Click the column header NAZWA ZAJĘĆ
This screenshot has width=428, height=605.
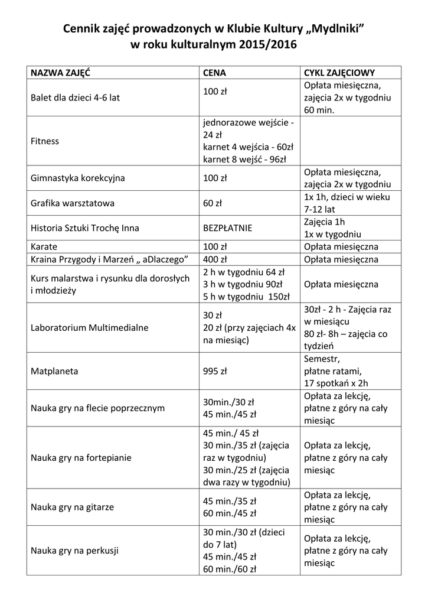click(60, 73)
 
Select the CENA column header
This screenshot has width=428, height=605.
click(214, 73)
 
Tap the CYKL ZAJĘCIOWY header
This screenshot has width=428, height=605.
click(339, 73)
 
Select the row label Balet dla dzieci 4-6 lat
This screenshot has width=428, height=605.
click(75, 97)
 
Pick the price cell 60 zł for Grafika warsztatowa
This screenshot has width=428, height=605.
click(212, 203)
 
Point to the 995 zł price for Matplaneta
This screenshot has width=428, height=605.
click(215, 372)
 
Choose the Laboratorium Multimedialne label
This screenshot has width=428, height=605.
click(89, 327)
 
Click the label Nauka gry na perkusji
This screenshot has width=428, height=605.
click(74, 551)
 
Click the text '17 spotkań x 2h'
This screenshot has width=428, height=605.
click(335, 383)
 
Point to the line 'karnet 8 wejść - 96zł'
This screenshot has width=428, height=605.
click(244, 159)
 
